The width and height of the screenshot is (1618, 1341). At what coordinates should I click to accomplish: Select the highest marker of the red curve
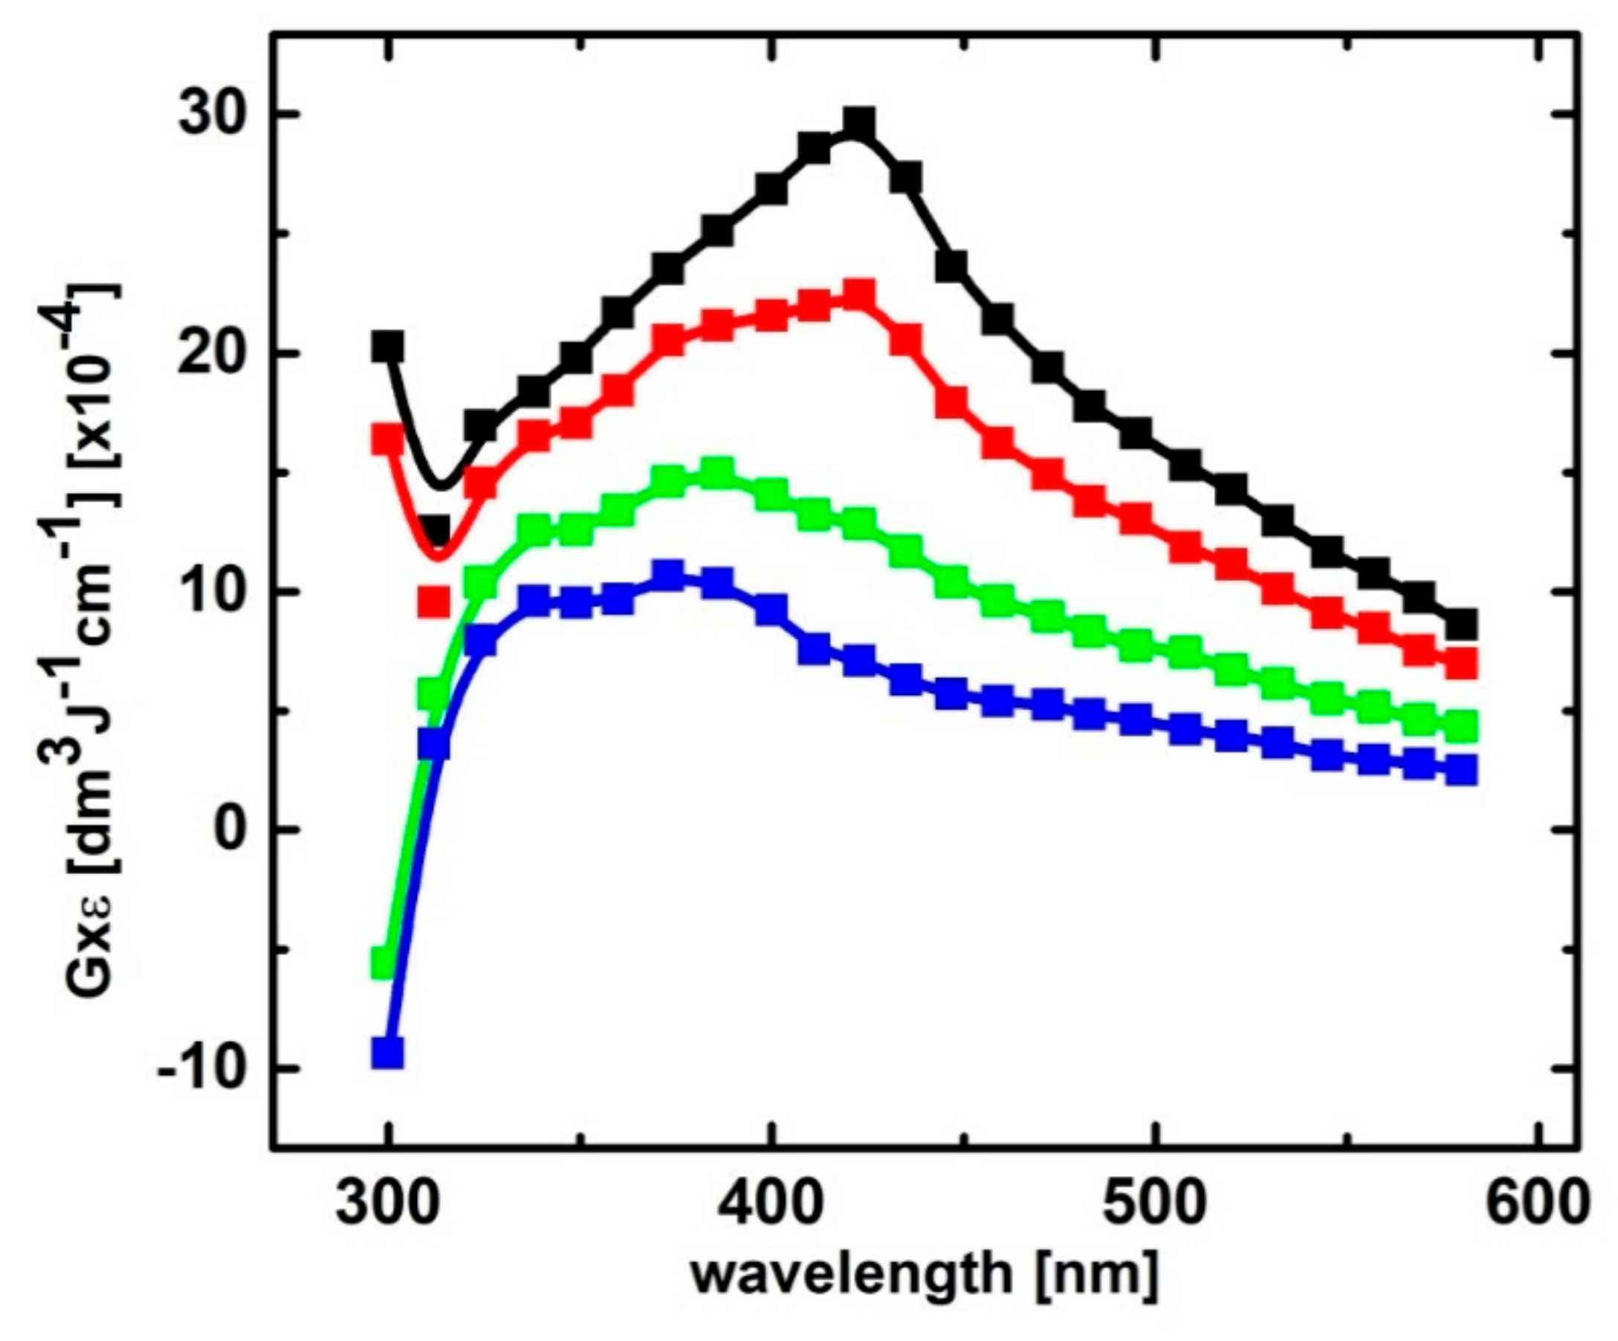point(859,294)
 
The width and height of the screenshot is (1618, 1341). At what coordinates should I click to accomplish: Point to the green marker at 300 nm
point(384,963)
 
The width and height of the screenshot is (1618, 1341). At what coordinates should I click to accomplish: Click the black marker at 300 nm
point(387,347)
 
